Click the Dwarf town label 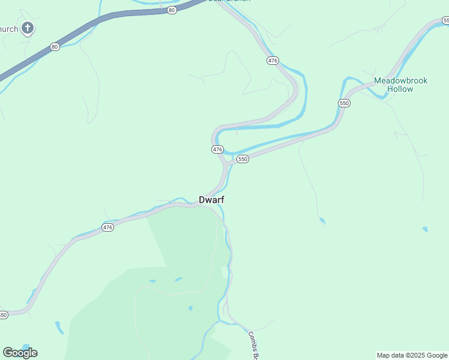tap(212, 200)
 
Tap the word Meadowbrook tap(401, 80)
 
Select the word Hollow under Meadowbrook tap(400, 89)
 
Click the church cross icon tap(27, 28)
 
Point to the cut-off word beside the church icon tap(9, 28)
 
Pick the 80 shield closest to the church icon tap(55, 46)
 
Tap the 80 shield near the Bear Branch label tap(172, 10)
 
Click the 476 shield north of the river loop tap(273, 61)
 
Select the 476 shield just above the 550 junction tap(217, 149)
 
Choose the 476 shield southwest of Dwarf tap(107, 227)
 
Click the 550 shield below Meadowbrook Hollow tap(344, 103)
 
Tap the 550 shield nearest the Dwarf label tap(243, 158)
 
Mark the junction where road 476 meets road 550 tap(226, 163)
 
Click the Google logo tap(20, 353)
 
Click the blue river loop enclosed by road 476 tap(303, 96)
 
